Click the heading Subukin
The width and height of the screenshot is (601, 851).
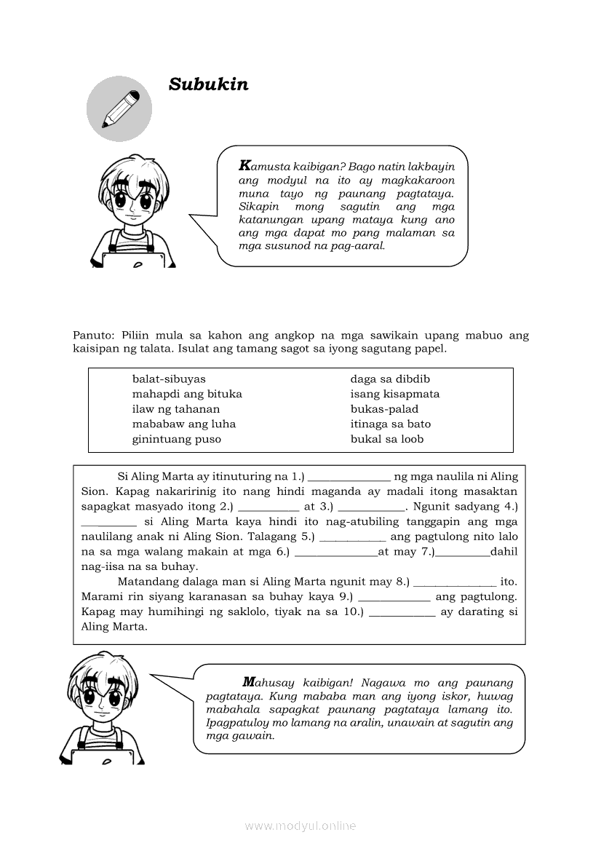(208, 84)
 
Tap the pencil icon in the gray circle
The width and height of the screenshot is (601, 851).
(120, 108)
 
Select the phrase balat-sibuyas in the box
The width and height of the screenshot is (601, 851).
(169, 379)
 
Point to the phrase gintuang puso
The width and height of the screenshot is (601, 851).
(177, 439)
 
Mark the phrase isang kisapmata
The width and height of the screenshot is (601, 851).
(395, 394)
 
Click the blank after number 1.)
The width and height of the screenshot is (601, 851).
(349, 478)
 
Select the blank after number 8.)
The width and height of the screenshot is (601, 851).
(455, 582)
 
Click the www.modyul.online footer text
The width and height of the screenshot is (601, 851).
(300, 826)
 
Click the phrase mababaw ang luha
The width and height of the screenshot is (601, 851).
(184, 424)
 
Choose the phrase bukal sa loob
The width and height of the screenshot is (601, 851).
(387, 439)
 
